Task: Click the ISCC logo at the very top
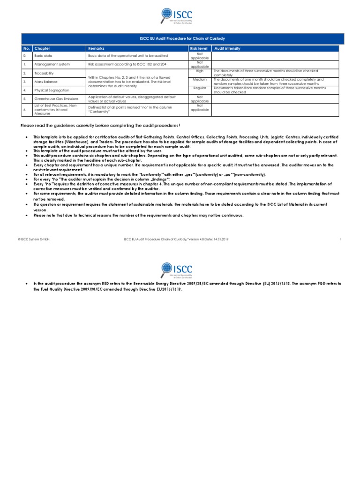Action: pyautogui.click(x=176, y=16)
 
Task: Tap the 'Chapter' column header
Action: pyautogui.click(x=42, y=48)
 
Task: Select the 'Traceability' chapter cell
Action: pyautogui.click(x=44, y=74)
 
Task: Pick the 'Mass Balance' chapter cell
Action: pyautogui.click(x=45, y=82)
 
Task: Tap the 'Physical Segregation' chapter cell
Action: pyautogui.click(x=52, y=90)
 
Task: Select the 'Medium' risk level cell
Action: pyautogui.click(x=199, y=79)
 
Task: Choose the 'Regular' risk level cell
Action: pyautogui.click(x=199, y=88)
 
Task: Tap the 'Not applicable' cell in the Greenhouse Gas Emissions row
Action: pyautogui.click(x=199, y=98)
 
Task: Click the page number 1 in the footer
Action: pyautogui.click(x=340, y=240)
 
